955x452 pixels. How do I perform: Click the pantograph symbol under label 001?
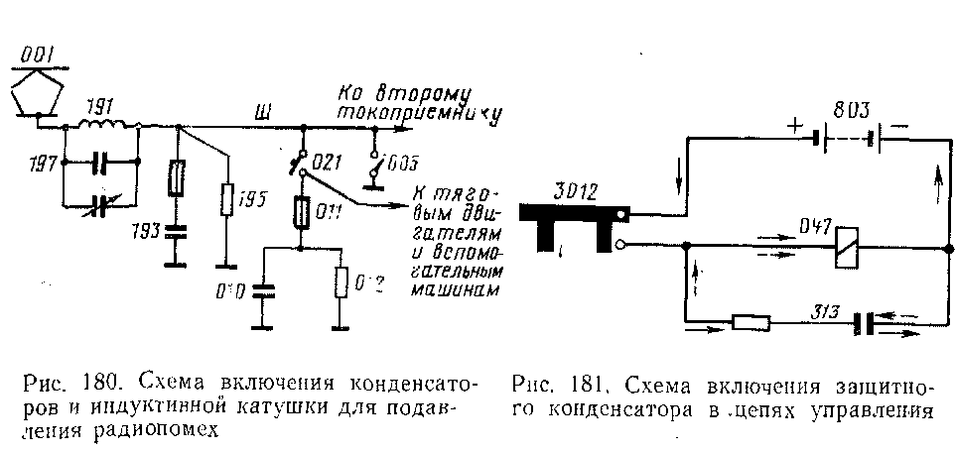coord(38,94)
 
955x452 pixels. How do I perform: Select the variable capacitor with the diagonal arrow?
coord(100,204)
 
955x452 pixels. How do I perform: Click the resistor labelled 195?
coord(228,202)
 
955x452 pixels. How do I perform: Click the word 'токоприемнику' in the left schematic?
coord(417,114)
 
